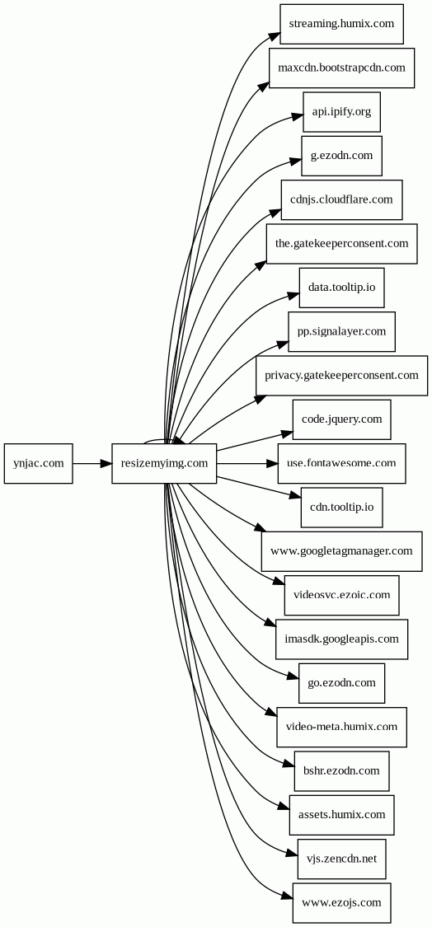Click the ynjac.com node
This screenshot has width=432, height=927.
pos(39,463)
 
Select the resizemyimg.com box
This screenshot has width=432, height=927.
pos(165,463)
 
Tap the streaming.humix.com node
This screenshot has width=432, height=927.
pos(341,24)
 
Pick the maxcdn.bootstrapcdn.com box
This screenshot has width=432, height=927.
pos(341,68)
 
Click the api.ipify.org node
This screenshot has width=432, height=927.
pos(341,112)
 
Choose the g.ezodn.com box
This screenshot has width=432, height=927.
pos(341,156)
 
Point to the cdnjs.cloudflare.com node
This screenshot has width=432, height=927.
pos(341,200)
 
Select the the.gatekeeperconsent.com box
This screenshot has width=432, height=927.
pos(341,244)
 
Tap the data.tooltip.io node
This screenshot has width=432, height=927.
pos(341,288)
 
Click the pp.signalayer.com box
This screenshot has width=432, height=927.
pos(341,332)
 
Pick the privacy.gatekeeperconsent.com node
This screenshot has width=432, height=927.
pos(341,376)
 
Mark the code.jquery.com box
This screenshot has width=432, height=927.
pos(341,419)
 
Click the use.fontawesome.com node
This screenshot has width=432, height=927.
pos(341,463)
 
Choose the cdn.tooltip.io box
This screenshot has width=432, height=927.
pos(341,508)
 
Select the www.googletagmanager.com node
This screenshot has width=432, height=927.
pos(341,551)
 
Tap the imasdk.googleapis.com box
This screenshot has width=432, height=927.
pos(341,639)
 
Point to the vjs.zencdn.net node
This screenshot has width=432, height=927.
pos(341,859)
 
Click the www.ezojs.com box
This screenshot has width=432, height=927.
pos(341,903)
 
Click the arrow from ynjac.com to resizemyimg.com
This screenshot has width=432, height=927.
pos(92,463)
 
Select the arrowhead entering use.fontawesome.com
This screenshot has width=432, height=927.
pos(272,463)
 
